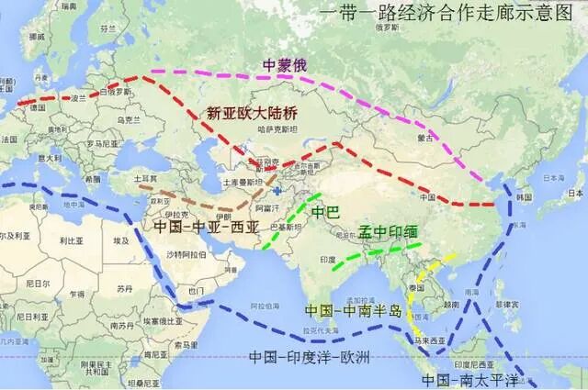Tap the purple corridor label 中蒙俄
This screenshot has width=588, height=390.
pos(285,66)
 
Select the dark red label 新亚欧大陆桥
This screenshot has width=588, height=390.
pos(252,114)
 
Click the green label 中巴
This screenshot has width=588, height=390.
pos(325,213)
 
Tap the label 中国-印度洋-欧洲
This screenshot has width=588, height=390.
pos(309,358)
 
